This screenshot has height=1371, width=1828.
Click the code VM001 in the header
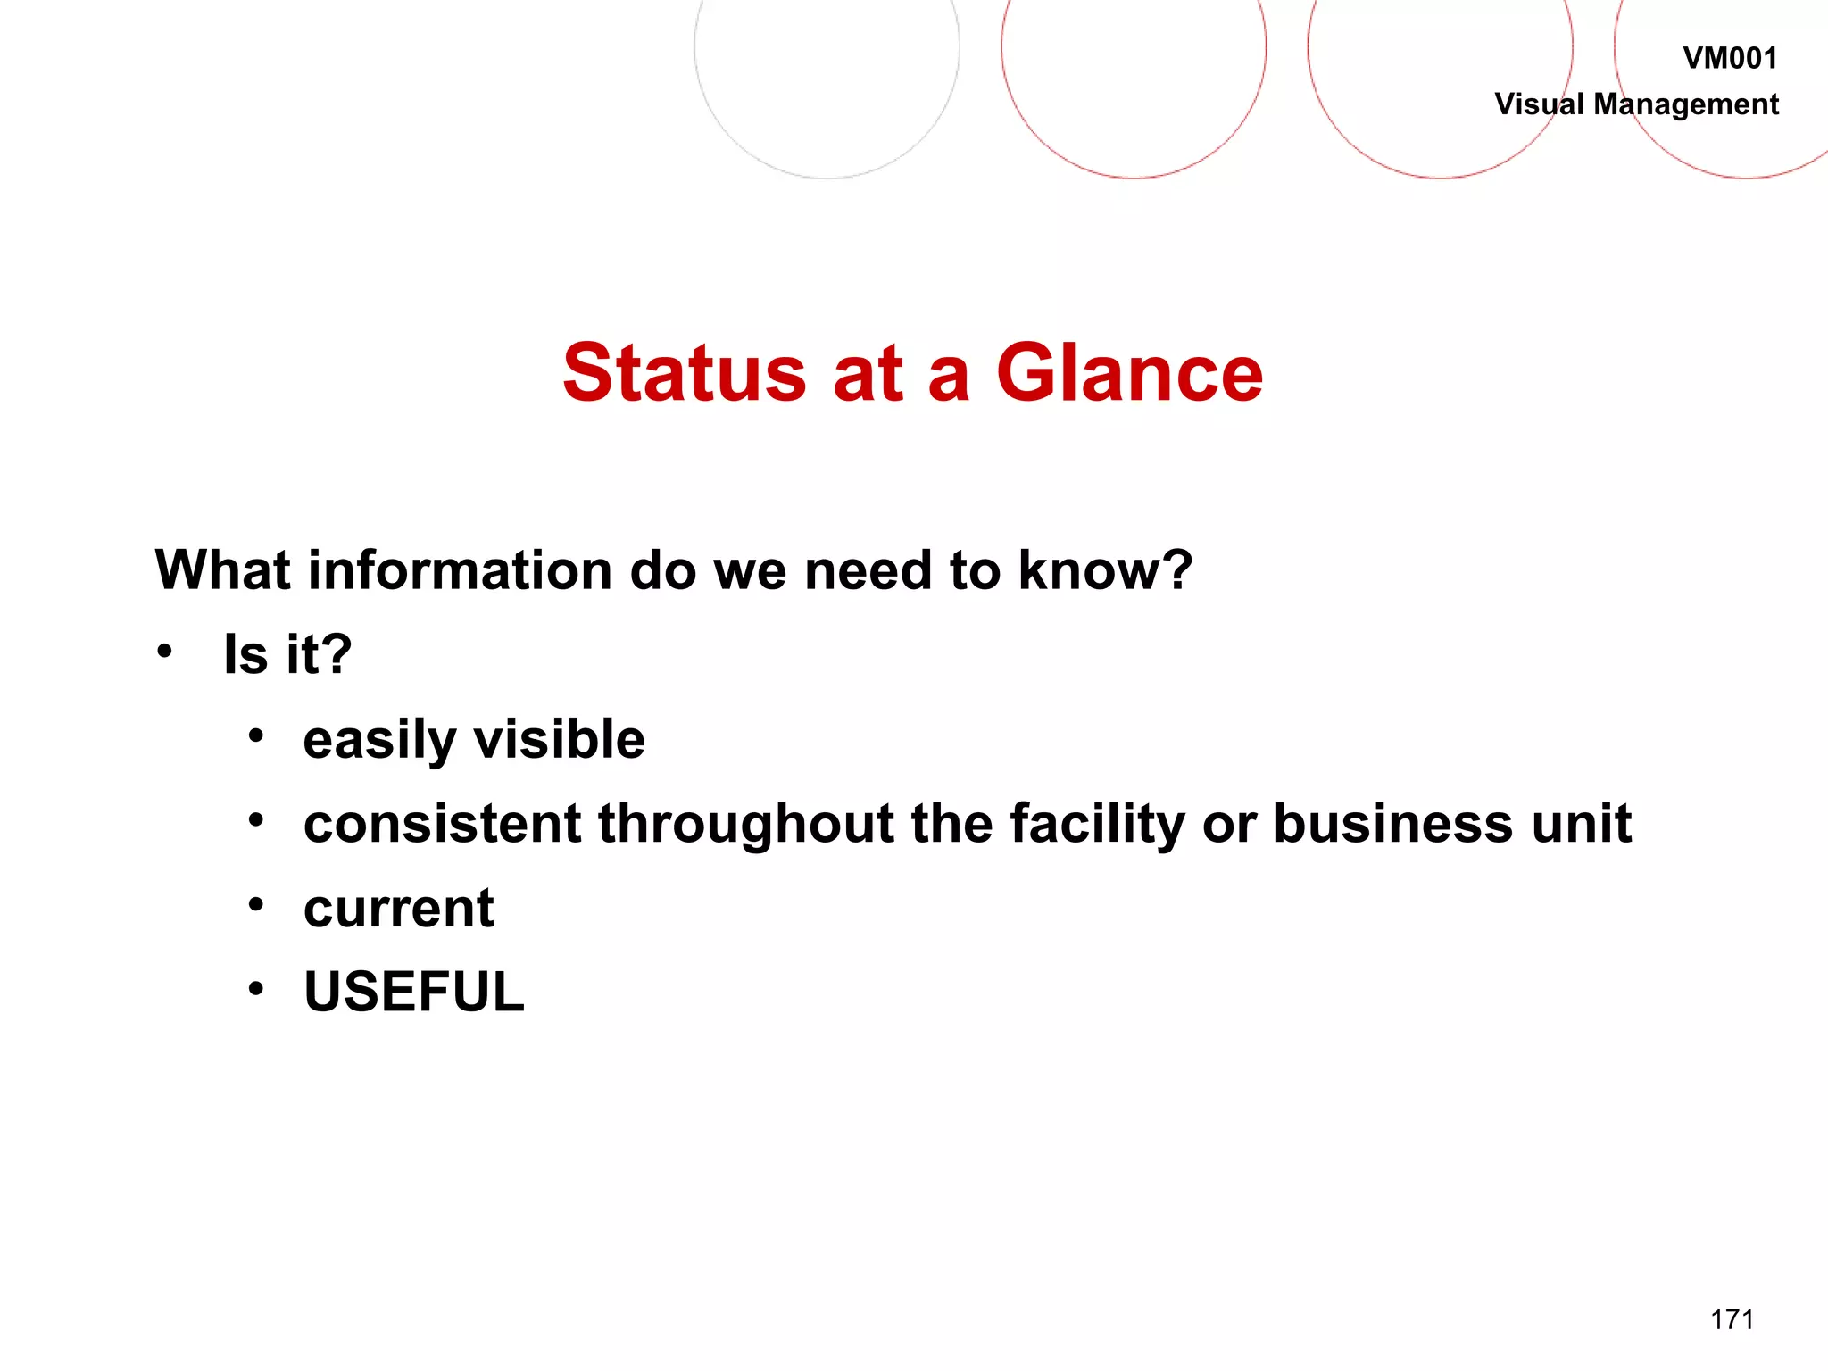click(x=1730, y=59)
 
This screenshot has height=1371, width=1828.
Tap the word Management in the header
click(x=1686, y=105)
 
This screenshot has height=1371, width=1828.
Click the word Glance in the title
click(x=1129, y=373)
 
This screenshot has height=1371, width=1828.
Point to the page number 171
click(x=1732, y=1319)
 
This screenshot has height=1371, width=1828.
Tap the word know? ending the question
click(x=1105, y=570)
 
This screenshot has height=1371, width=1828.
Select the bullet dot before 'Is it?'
click(x=163, y=652)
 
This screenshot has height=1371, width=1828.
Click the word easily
click(x=380, y=741)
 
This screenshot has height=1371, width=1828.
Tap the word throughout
click(x=746, y=825)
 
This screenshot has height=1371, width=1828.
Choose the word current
click(x=398, y=909)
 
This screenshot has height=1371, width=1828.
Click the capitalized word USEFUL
click(x=414, y=992)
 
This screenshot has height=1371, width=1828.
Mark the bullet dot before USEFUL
click(x=256, y=989)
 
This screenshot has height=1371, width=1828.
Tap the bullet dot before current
click(x=256, y=905)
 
